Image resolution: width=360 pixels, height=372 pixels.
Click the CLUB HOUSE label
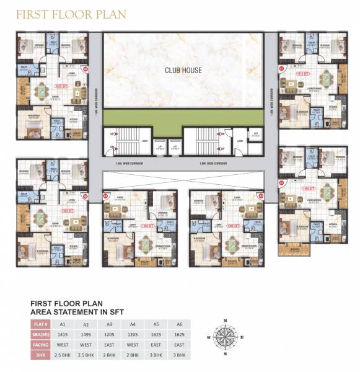click(x=183, y=70)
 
